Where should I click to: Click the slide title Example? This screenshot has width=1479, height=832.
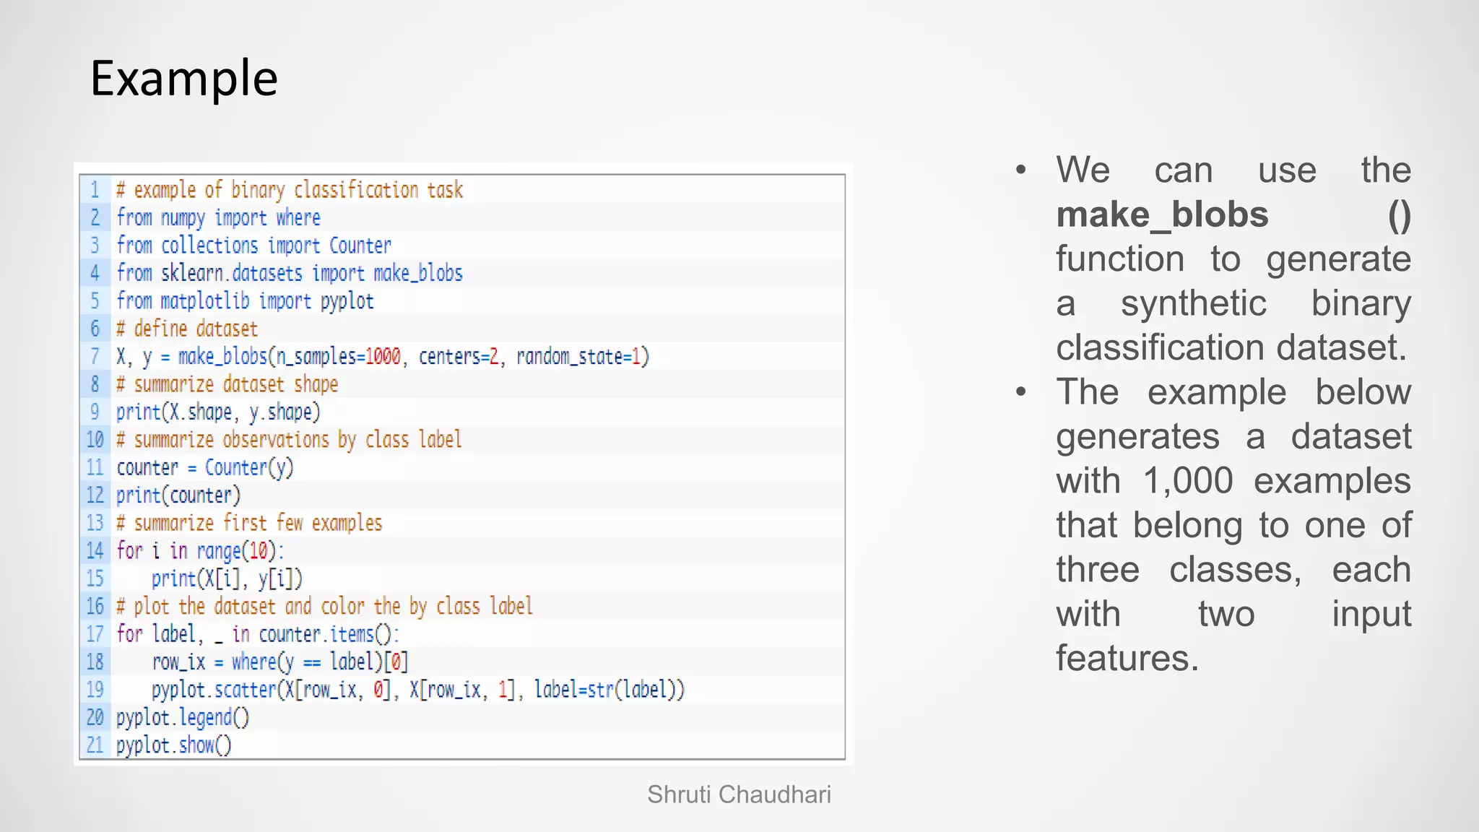click(184, 78)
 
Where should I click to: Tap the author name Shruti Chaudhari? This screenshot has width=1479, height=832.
click(739, 794)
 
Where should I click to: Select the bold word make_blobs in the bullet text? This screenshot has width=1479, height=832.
click(1162, 214)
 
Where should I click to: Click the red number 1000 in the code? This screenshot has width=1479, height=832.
click(383, 357)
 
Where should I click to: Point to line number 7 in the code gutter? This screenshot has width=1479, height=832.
click(95, 356)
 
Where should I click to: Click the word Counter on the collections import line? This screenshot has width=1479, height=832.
click(360, 246)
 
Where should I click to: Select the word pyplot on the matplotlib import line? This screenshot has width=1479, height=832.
click(347, 301)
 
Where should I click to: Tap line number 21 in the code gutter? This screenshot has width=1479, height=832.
click(95, 745)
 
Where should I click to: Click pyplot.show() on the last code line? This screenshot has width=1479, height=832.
click(174, 745)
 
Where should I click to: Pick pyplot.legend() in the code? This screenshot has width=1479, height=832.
click(183, 718)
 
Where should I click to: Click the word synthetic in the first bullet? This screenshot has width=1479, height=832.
click(1193, 303)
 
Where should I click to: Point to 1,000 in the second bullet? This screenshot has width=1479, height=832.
click(1188, 481)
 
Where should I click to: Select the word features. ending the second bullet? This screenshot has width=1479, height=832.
click(1127, 659)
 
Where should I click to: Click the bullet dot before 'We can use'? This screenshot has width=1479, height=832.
click(1020, 170)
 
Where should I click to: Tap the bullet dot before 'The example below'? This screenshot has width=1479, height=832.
click(1020, 392)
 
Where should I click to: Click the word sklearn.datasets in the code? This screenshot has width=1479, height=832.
click(232, 274)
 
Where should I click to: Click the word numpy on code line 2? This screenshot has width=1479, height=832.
click(183, 218)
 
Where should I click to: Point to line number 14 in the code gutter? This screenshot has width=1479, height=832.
click(95, 551)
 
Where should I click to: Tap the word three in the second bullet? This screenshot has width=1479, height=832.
click(1098, 570)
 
